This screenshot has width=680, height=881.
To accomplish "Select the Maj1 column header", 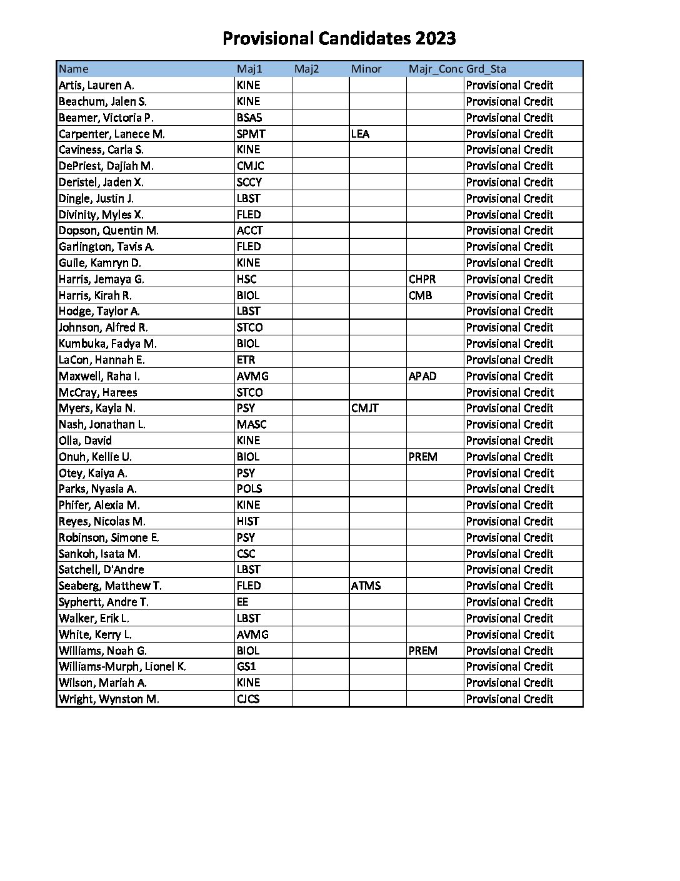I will pyautogui.click(x=249, y=69).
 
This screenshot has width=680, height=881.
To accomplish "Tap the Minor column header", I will pyautogui.click(x=366, y=69).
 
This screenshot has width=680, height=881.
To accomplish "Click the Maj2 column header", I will pyautogui.click(x=306, y=69).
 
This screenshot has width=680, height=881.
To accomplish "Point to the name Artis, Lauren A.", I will pyautogui.click(x=96, y=85).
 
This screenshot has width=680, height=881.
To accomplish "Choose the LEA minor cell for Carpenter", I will pyautogui.click(x=360, y=134).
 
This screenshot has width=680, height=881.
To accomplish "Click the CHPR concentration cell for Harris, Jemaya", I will pyautogui.click(x=422, y=279).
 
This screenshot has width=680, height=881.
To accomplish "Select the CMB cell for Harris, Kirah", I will pyautogui.click(x=420, y=295).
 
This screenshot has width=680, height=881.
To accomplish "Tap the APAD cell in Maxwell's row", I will pyautogui.click(x=422, y=376).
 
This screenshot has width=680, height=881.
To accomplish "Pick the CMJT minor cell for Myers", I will pyautogui.click(x=365, y=408).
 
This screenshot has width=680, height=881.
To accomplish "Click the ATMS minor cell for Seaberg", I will pyautogui.click(x=366, y=586).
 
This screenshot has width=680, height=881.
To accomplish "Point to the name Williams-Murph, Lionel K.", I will pyautogui.click(x=122, y=666).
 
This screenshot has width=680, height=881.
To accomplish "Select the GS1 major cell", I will pyautogui.click(x=246, y=666).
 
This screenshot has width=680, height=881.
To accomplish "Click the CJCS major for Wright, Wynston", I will pyautogui.click(x=248, y=699).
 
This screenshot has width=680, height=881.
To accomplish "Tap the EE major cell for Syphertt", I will pyautogui.click(x=242, y=602).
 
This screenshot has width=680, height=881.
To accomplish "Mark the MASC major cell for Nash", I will pyautogui.click(x=251, y=424).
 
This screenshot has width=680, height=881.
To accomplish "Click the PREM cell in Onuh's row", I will pyautogui.click(x=422, y=457).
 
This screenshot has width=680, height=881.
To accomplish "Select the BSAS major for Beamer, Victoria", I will pyautogui.click(x=249, y=118).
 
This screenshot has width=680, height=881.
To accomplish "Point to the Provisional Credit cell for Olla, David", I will pyautogui.click(x=509, y=440).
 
